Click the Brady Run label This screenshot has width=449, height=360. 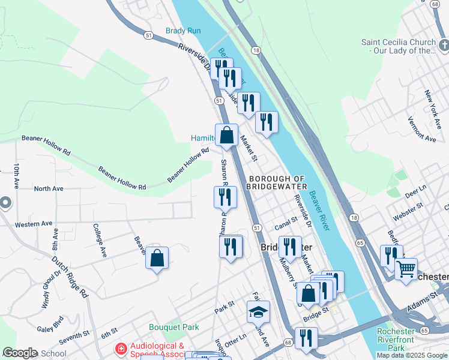point(183,31)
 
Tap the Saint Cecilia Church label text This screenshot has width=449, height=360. point(397,46)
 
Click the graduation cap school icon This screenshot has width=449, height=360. point(258,312)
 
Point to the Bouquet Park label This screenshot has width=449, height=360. point(173,328)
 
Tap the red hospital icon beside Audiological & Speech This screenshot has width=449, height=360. point(121,349)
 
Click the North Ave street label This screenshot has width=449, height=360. point(49,188)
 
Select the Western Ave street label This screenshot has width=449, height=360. point(34,224)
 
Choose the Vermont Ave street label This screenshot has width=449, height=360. point(421,129)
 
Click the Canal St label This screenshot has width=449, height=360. point(286,224)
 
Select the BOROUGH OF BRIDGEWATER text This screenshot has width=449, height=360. point(277,182)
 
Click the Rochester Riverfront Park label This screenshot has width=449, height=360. point(396,340)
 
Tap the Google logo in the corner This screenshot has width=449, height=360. point(20,353)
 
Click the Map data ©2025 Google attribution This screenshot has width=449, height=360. point(411,355)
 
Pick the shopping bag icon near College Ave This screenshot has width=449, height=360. point(157,259)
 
